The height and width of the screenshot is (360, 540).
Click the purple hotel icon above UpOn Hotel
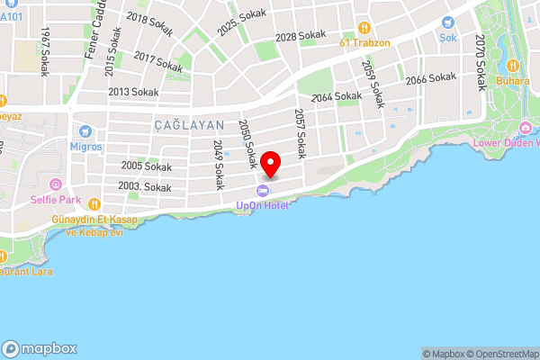pyautogui.click(x=263, y=191)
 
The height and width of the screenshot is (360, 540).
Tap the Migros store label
pyautogui.click(x=86, y=146)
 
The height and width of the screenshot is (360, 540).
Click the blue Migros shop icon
pyautogui.click(x=86, y=131)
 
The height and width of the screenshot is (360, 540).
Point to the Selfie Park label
pyautogui.click(x=54, y=199)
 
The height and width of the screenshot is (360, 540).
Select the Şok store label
pyautogui.click(x=447, y=38)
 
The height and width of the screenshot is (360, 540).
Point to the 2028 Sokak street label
pyautogui.click(x=301, y=36)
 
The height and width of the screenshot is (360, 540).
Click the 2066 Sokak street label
pyautogui.click(x=431, y=79)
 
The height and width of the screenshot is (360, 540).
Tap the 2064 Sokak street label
pyautogui.click(x=336, y=95)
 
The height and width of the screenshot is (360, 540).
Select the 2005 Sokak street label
pyautogui.click(x=146, y=166)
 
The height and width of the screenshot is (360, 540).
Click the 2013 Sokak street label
pyautogui.click(x=133, y=92)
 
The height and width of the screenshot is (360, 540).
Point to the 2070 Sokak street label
pyautogui.click(x=481, y=62)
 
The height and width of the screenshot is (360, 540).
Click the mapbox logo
pyautogui.click(x=40, y=348)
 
